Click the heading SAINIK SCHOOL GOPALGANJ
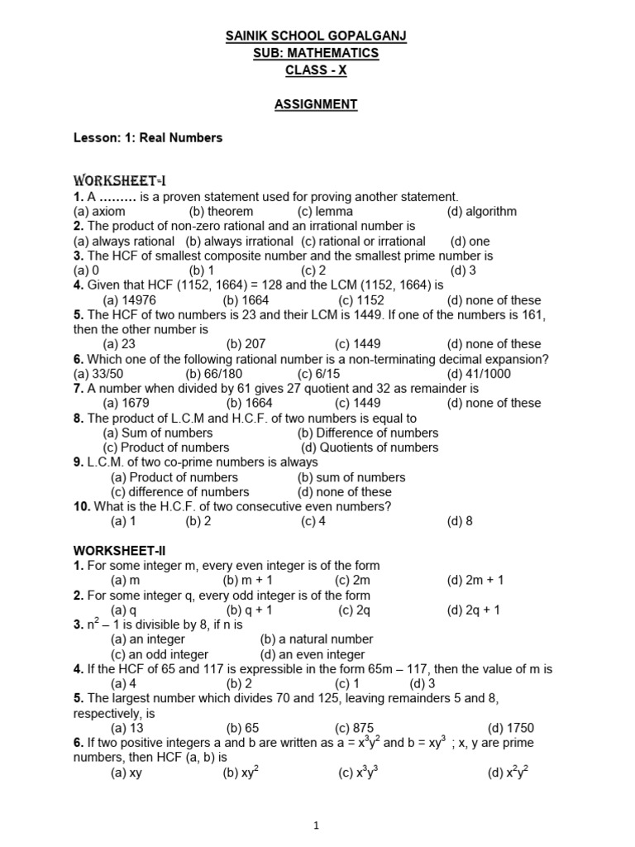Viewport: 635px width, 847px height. (x=317, y=36)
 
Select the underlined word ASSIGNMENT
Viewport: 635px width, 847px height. (x=317, y=104)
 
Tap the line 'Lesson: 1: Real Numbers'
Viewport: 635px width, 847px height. (x=148, y=138)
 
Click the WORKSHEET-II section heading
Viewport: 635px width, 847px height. (x=123, y=550)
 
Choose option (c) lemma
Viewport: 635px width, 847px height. (x=325, y=211)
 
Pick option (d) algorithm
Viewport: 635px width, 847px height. (x=481, y=211)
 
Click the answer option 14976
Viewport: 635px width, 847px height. (x=129, y=300)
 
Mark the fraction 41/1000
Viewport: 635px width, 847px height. (x=480, y=373)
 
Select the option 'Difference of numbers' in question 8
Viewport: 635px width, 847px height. (x=368, y=433)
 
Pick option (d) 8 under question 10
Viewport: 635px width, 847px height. (x=460, y=521)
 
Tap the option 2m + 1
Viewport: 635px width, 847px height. (x=474, y=581)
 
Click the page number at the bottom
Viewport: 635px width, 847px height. (x=317, y=825)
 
